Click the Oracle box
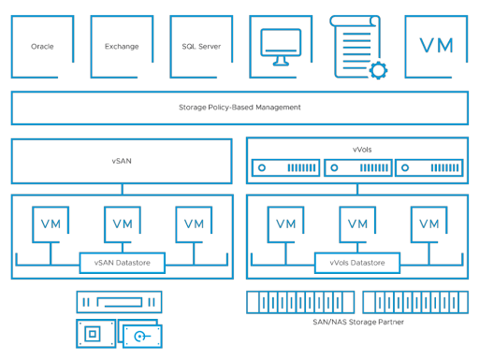pos(42,46)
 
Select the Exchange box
pos(122,46)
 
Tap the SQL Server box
pos(201,46)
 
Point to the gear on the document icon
pos(377,68)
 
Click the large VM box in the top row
pos(436,46)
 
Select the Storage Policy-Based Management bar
pos(239,108)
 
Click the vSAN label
pos(122,161)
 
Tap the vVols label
pos(362,149)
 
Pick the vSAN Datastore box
pos(122,265)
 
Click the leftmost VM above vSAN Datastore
pos(51,223)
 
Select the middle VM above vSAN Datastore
pos(122,223)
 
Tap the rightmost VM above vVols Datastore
pos(428,223)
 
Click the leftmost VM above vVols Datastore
pos(286,223)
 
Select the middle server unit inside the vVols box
pos(357,168)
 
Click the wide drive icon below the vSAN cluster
pos(120,302)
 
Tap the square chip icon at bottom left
pos(92,334)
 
